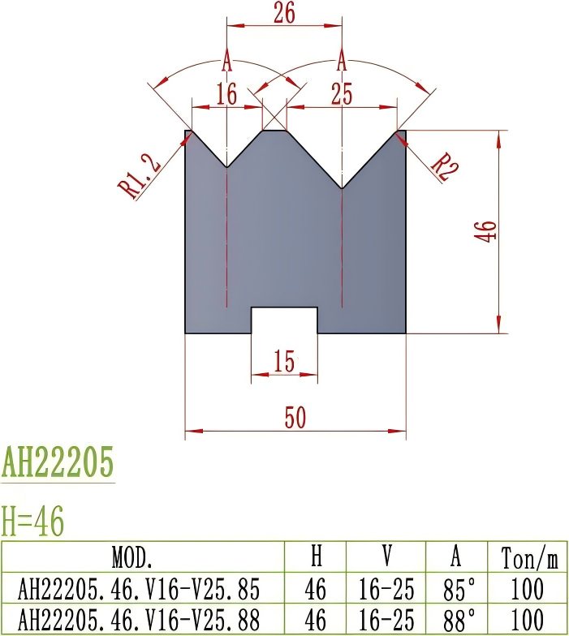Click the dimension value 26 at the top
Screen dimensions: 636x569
[x=284, y=13]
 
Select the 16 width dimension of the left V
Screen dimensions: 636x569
[x=226, y=95]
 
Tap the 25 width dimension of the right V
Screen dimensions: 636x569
[x=342, y=95]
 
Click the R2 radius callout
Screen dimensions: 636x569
[x=444, y=165]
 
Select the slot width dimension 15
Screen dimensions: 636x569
[x=284, y=363]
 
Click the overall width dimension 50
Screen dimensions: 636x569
[x=295, y=419]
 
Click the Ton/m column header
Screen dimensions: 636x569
[x=529, y=558]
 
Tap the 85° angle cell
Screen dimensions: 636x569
[x=457, y=588]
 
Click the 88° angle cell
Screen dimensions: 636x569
[x=457, y=620]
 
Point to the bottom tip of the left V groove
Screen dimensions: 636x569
[x=226, y=167]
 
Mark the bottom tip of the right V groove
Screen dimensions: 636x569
[x=343, y=188]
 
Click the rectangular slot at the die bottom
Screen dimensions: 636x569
[x=284, y=320]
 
